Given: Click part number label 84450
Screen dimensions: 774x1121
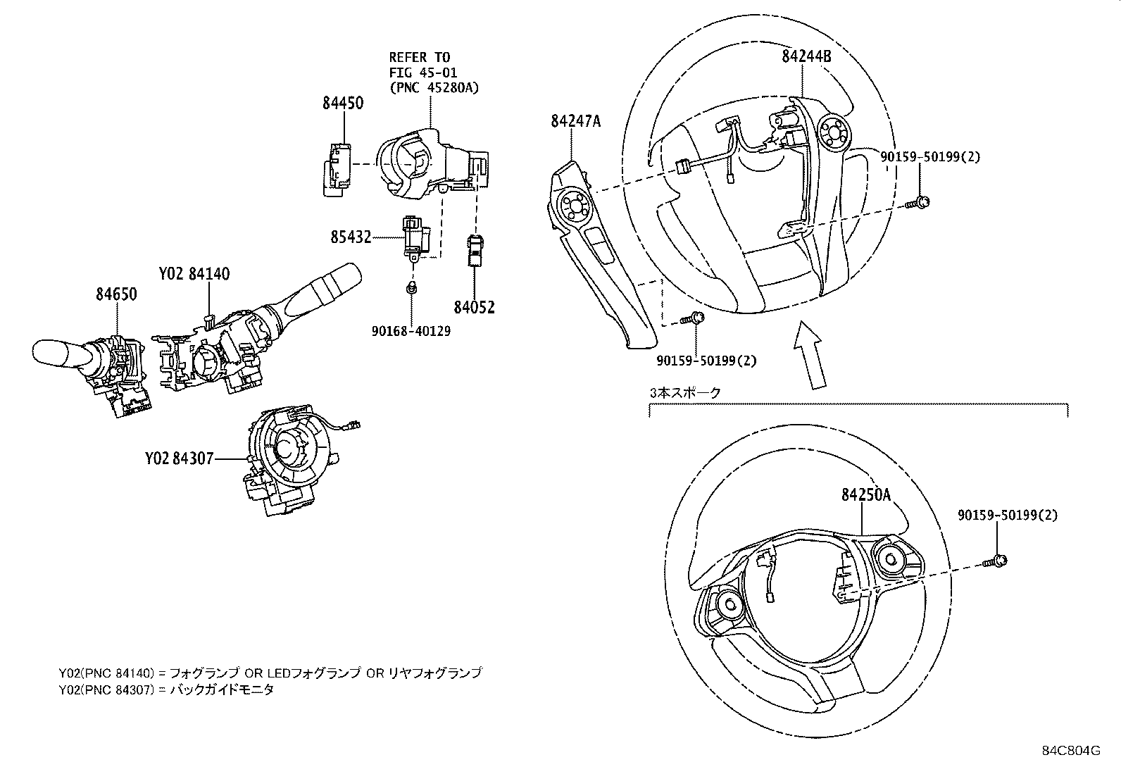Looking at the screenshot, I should [343, 103].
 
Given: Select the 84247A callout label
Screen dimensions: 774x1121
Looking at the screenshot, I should [575, 121].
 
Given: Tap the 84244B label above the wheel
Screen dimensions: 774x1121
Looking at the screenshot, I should [806, 56].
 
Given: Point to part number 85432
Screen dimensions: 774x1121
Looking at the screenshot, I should [351, 237].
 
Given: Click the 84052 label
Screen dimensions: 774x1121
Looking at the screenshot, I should [474, 308].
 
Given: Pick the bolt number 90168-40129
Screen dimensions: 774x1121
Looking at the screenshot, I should [412, 330].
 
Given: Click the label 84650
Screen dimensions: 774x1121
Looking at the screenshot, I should [116, 294].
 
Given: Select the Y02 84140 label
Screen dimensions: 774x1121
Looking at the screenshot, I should [194, 274].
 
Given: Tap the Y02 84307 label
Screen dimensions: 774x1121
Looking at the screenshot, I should [179, 458].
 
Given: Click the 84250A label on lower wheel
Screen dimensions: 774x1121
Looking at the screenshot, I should [865, 495].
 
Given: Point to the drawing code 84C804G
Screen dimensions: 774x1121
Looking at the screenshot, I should [1071, 750].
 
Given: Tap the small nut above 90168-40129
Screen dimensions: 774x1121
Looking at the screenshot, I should [412, 287].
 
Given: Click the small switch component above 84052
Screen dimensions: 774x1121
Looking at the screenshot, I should [474, 251].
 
